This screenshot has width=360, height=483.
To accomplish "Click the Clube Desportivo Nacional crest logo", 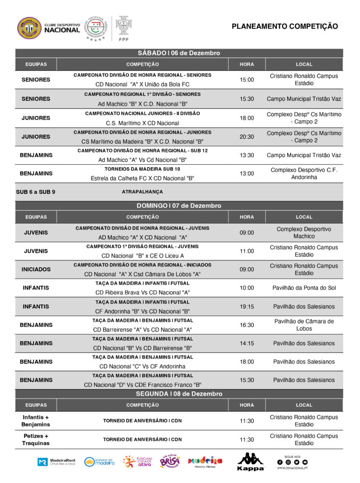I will (x=29, y=28).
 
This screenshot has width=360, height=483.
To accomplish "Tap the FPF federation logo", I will (x=124, y=28).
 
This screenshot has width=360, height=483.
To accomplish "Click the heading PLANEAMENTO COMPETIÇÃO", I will (x=285, y=26).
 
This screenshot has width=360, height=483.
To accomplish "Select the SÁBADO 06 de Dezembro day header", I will (x=179, y=53).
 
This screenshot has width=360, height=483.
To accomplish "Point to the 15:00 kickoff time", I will (x=247, y=80).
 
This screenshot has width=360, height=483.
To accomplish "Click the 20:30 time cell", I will (x=247, y=137).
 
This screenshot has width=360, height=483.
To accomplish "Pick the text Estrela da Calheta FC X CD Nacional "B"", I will (x=142, y=178).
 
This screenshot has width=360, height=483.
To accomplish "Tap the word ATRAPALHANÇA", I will (x=142, y=192).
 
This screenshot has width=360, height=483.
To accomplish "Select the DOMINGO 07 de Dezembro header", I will (x=179, y=206).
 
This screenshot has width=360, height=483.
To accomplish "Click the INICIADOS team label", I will (x=36, y=269).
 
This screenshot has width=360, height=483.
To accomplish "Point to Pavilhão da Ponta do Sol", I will (x=304, y=288).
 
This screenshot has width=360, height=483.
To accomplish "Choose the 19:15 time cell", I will (x=247, y=307).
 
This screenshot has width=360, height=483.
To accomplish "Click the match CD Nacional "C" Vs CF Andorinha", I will (x=142, y=366).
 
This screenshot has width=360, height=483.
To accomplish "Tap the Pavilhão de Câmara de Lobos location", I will (x=304, y=325).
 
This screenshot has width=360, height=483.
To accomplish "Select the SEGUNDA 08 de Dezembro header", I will (x=179, y=394).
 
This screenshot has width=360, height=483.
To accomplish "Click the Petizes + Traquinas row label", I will (x=36, y=440).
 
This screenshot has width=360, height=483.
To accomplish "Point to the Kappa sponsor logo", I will (x=251, y=462).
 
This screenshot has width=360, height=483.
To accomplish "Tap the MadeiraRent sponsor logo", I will (x=56, y=462).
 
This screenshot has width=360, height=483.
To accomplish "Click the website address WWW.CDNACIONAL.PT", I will (x=293, y=468).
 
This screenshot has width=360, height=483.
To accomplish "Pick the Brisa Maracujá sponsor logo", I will (x=170, y=462).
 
